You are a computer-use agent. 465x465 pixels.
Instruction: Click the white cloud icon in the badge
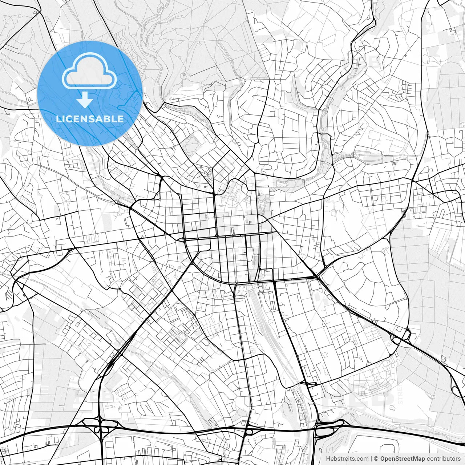89,71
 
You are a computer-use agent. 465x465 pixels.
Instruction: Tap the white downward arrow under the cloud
85,100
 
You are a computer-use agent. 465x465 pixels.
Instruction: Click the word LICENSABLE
90,119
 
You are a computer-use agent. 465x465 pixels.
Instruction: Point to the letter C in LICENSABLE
69,119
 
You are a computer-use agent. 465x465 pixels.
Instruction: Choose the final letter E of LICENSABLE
120,119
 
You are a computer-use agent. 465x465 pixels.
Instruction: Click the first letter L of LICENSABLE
58,119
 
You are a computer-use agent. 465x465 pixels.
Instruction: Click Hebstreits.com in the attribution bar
347,459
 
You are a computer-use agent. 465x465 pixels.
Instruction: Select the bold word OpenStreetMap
403,459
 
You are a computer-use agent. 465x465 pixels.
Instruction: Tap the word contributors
444,459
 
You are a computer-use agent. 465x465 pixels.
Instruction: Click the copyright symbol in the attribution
377,459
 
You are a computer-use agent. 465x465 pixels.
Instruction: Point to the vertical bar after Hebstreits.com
372,459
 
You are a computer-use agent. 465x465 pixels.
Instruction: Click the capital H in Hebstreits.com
328,459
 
